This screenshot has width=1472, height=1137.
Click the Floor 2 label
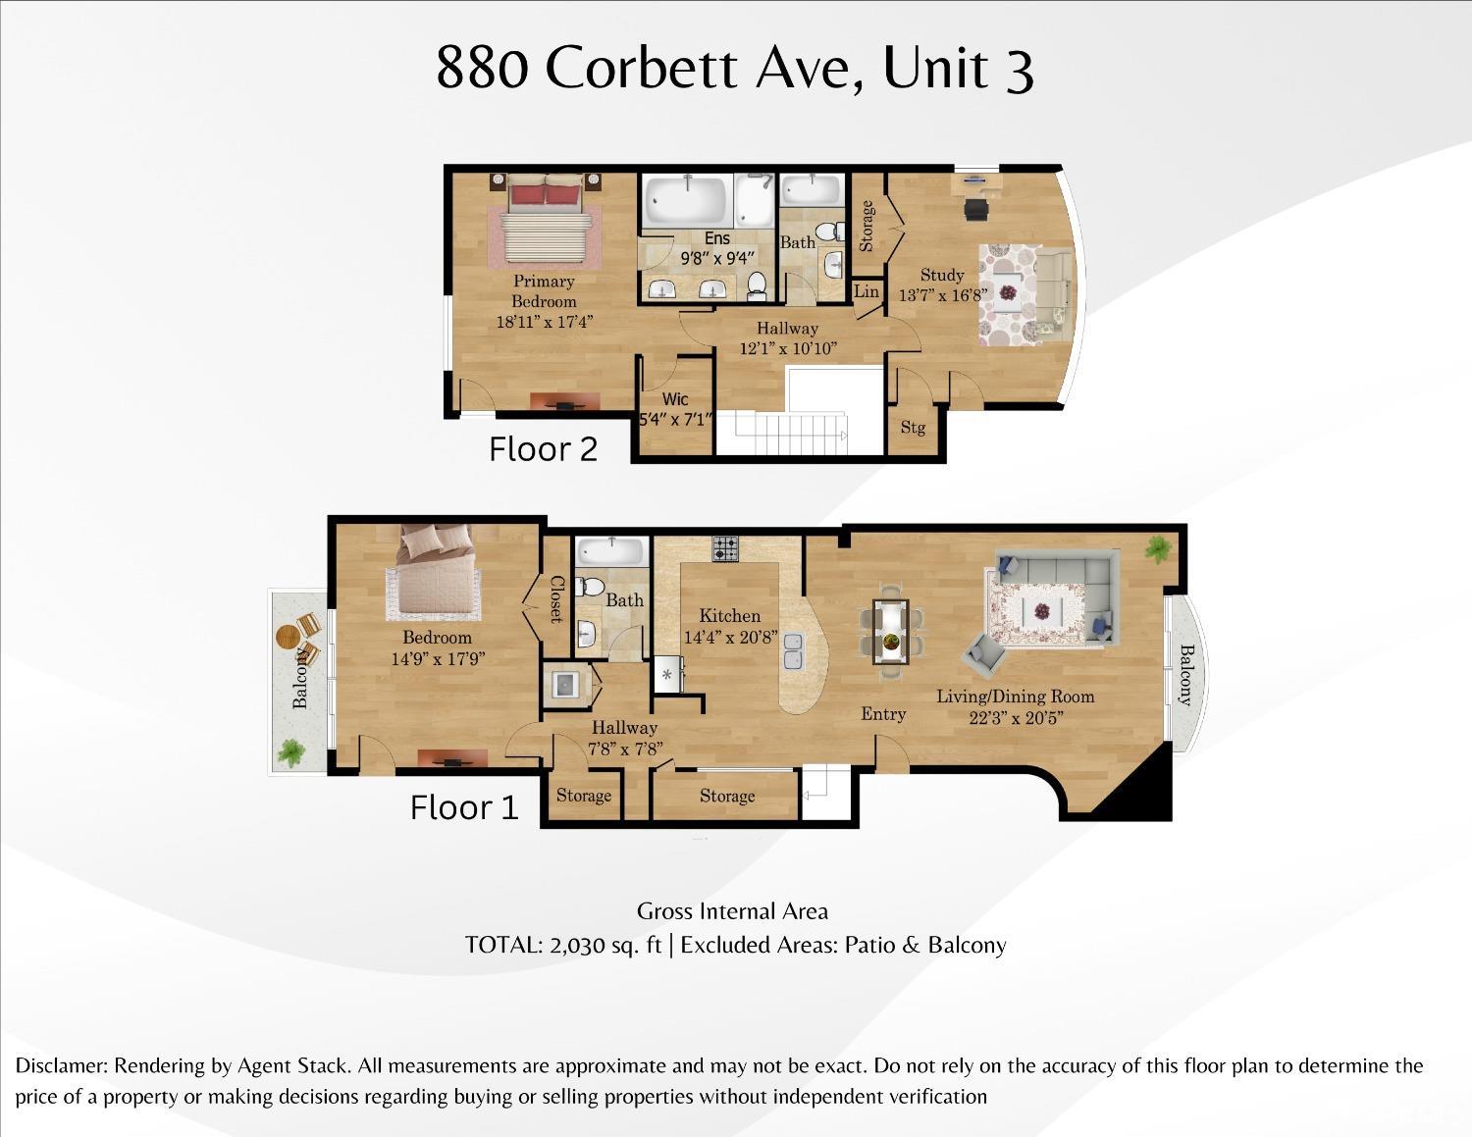click(543, 448)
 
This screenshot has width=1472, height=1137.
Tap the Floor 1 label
click(463, 807)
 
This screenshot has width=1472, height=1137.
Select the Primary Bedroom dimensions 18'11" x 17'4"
click(544, 322)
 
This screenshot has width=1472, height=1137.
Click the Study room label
click(941, 275)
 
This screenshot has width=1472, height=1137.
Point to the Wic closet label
click(675, 399)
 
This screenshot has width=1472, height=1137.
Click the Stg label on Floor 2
click(913, 427)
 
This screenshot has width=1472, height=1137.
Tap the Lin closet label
click(867, 291)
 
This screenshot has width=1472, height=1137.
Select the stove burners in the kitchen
click(725, 548)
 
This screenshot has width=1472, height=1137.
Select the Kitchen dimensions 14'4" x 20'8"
click(730, 637)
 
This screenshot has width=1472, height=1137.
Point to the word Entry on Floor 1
click(883, 714)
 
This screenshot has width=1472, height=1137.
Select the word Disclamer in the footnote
click(62, 1065)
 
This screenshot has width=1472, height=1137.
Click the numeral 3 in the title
click(1019, 69)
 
